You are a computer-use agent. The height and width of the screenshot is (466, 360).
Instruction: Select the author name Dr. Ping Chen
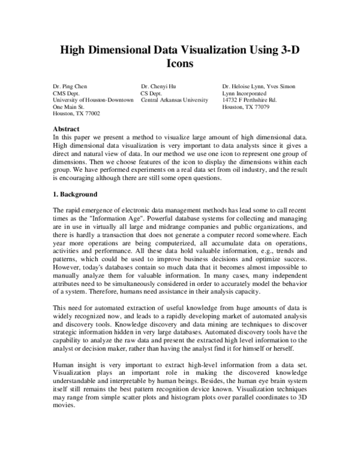click(70, 86)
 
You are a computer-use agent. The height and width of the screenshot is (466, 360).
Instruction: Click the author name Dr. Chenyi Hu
click(159, 86)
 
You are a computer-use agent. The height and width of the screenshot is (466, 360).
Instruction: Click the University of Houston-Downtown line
click(92, 100)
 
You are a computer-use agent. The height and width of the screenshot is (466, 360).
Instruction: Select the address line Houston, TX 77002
click(76, 113)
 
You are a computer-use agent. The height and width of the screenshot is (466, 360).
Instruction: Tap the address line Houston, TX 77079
click(245, 106)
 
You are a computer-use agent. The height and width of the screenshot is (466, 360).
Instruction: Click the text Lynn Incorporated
click(244, 93)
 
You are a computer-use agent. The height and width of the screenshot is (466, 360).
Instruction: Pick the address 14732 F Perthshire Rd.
click(249, 100)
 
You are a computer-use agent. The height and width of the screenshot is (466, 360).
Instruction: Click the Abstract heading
click(67, 129)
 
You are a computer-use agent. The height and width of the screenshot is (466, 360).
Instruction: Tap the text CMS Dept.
click(66, 93)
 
